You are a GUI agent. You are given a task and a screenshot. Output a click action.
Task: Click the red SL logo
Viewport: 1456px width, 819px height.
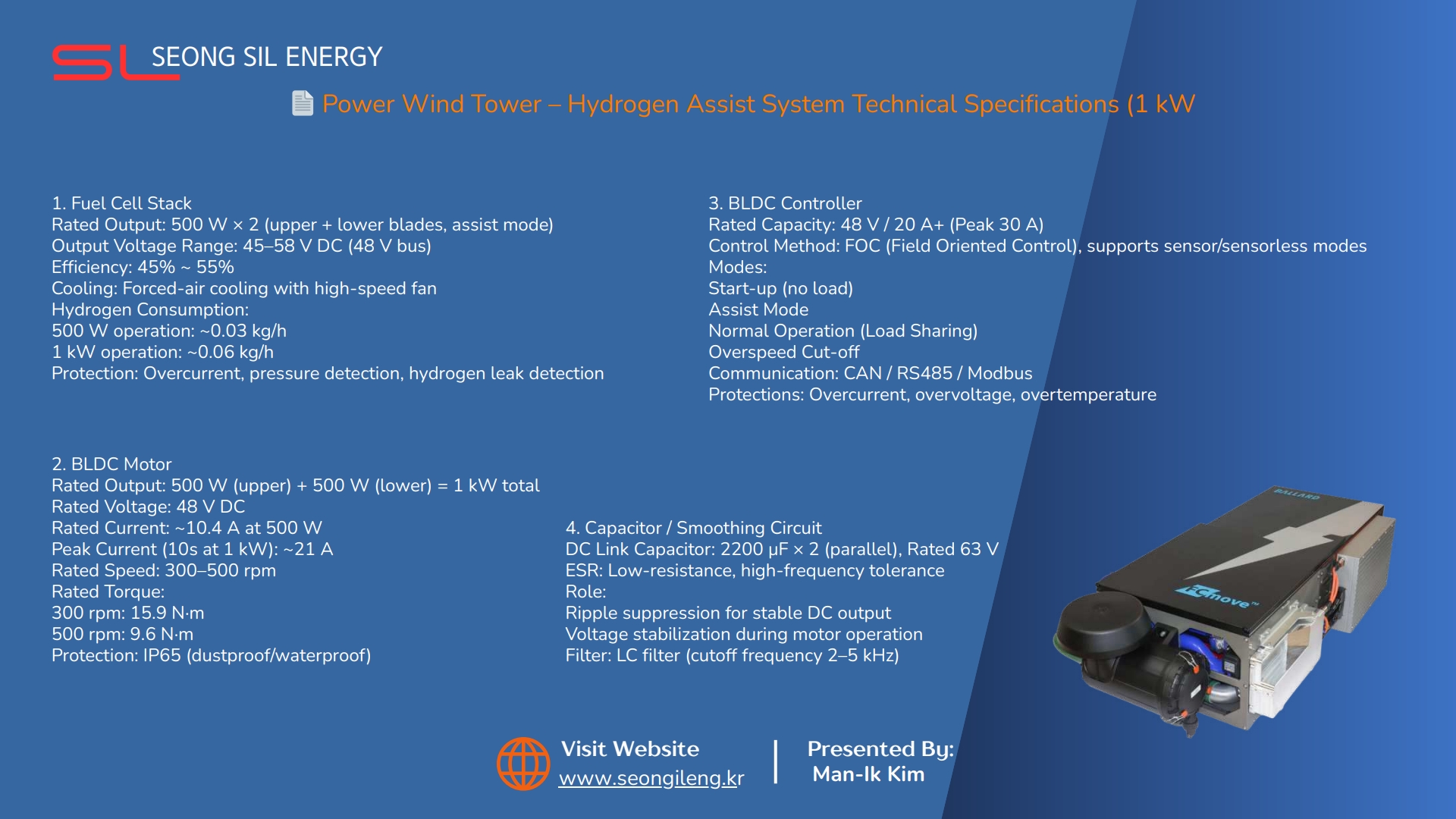pos(116,62)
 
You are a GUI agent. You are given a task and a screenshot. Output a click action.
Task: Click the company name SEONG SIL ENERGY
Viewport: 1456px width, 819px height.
pos(267,57)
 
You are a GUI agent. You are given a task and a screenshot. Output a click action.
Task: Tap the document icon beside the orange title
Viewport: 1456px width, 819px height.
pos(303,103)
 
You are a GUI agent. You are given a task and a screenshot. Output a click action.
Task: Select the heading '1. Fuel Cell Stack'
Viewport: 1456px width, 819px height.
pos(121,203)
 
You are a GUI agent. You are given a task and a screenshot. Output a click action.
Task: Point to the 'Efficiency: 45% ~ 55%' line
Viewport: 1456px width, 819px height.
pos(143,267)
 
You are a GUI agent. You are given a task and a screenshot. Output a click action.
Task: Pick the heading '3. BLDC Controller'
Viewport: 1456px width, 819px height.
pos(785,203)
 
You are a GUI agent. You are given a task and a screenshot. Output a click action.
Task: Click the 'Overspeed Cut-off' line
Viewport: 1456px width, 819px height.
pos(783,352)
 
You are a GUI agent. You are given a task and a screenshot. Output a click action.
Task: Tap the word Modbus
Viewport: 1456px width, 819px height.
pos(999,373)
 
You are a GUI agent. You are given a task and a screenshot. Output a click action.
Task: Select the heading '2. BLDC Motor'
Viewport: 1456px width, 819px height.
pos(111,464)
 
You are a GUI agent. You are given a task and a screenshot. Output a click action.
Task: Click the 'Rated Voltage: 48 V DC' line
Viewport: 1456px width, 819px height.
pos(148,507)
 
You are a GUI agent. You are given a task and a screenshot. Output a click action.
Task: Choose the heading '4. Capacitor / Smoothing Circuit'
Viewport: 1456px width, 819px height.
pos(693,528)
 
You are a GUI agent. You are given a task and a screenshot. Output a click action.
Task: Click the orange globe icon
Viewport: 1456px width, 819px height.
pos(523,764)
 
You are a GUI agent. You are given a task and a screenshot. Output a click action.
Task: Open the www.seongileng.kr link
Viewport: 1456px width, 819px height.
pos(651,779)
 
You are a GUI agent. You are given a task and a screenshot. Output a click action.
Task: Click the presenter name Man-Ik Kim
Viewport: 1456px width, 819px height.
pos(868,774)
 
